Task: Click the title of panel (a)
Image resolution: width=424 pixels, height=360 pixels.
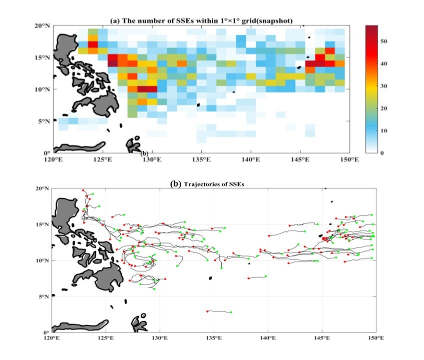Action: tap(201, 20)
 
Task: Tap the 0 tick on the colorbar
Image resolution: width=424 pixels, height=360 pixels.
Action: tap(382, 152)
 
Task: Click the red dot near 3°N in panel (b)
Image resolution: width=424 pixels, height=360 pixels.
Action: tap(207, 311)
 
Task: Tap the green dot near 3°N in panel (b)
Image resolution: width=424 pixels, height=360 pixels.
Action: tap(231, 312)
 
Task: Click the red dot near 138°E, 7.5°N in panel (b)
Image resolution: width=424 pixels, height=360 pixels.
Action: tap(248, 278)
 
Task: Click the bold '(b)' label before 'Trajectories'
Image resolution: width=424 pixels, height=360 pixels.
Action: tap(176, 184)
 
